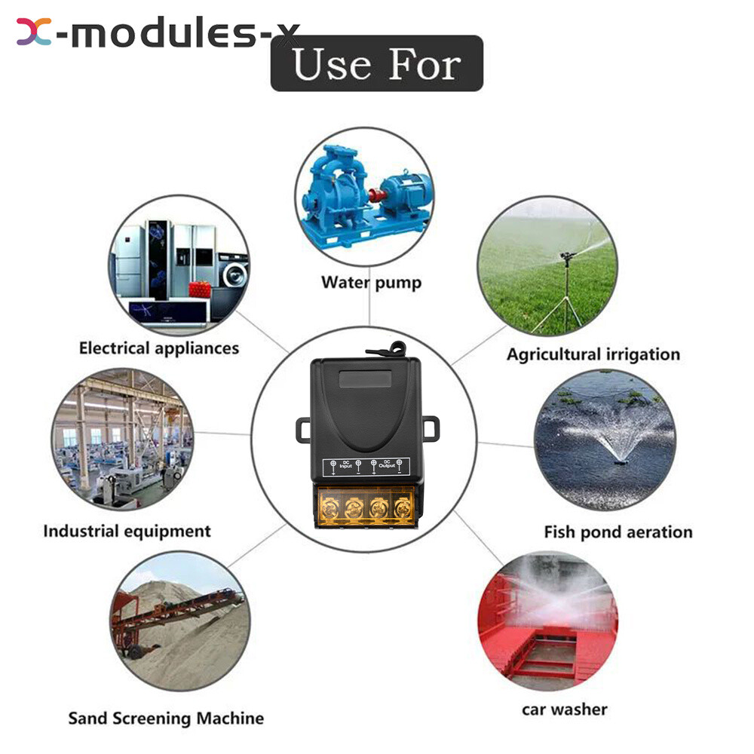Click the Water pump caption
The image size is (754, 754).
pos(371,282)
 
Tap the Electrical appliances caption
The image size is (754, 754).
pos(158,348)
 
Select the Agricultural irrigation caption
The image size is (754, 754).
pos(593,354)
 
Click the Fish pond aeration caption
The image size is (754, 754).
pos(618,532)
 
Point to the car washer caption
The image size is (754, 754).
pos(565,710)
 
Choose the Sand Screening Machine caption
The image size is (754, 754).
pos(166,719)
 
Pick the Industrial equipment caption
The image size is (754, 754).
pos(127,532)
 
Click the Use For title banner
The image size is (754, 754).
pos(377,63)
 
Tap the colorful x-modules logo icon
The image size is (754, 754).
pos(34,32)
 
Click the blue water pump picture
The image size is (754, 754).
pos(365,196)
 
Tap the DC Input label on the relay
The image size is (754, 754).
pos(346,464)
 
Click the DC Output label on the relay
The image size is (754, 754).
pos(387,464)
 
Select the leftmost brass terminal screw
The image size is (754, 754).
pos(329,507)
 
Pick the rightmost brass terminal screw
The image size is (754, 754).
pos(403,507)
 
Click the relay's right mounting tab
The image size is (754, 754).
pos(431,428)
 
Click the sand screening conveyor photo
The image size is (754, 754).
pos(180,621)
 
